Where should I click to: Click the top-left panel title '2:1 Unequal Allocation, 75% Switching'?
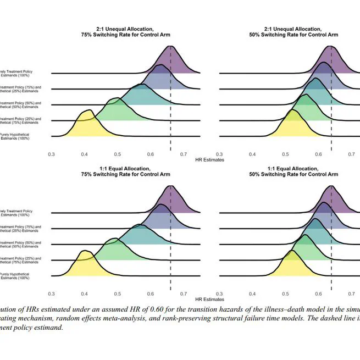pos(126,31)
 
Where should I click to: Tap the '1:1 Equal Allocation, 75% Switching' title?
pos(126,170)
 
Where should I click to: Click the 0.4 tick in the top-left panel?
pos(85,155)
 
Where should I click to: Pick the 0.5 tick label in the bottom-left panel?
pos(118,295)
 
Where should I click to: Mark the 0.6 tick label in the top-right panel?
pos(318,155)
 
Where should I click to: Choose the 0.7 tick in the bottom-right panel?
pos(351,295)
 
